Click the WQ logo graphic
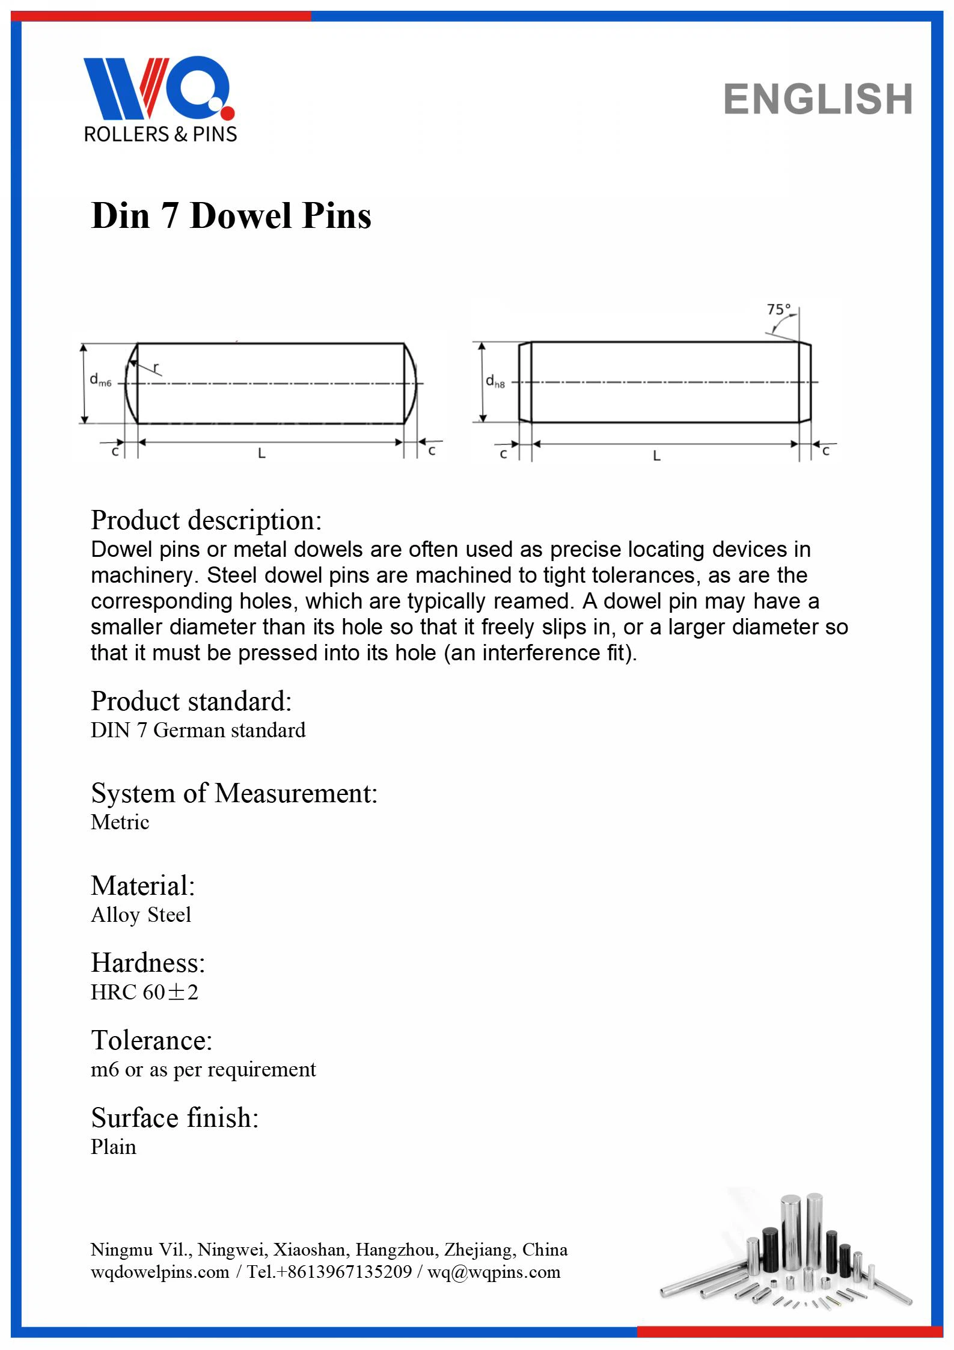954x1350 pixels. (159, 88)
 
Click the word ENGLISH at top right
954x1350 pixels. (818, 99)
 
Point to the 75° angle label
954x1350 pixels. (778, 310)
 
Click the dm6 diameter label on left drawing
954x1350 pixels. (100, 380)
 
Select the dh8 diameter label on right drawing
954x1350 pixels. (495, 381)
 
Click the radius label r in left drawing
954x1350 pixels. (156, 367)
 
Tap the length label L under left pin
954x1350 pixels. (261, 455)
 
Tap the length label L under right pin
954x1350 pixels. (656, 456)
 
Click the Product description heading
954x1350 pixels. (206, 520)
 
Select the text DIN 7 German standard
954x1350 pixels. (198, 730)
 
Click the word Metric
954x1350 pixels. (120, 822)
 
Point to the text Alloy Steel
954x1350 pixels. (141, 915)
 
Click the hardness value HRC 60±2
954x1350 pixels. (144, 992)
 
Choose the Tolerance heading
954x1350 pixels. (151, 1040)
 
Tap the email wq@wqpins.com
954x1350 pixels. (494, 1272)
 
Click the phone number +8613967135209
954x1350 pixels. (344, 1272)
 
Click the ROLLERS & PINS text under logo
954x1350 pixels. (161, 134)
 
